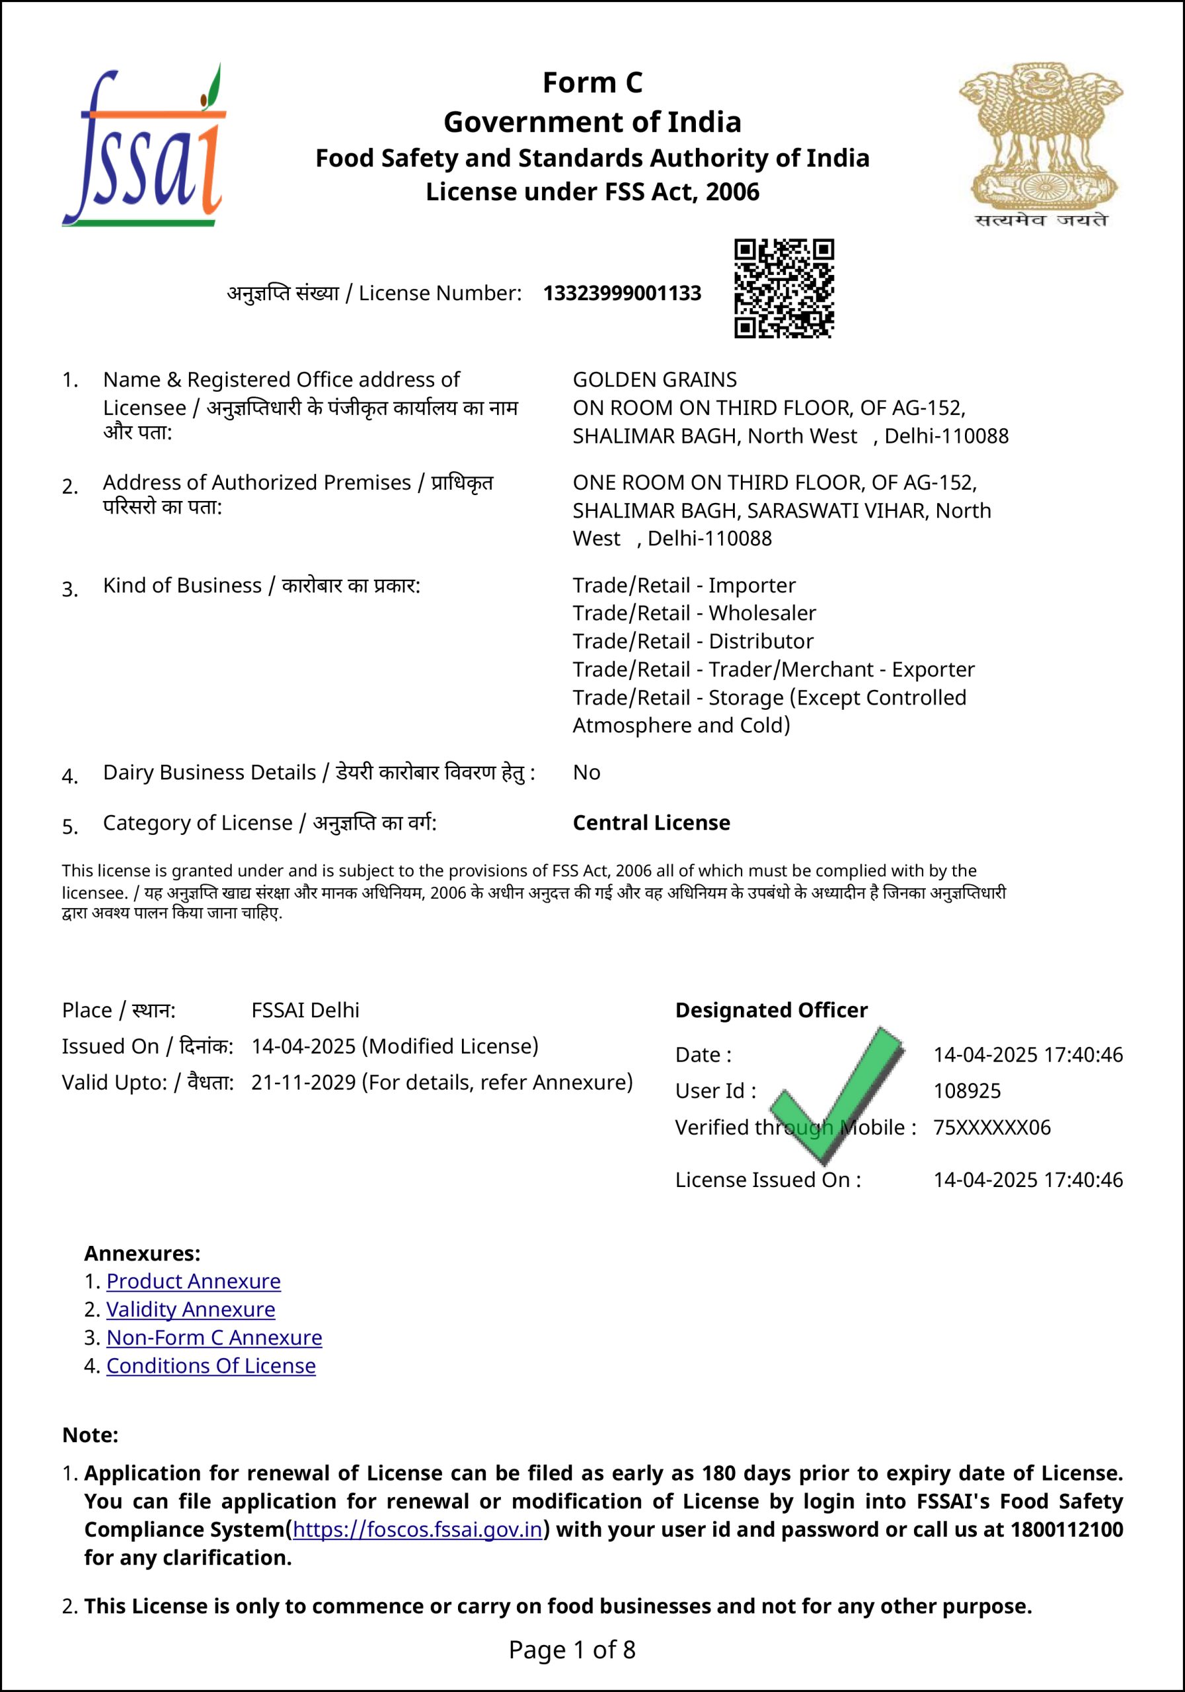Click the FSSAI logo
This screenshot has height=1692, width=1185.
(143, 146)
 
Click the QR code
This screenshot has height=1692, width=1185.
(784, 288)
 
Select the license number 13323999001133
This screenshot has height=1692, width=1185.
(622, 293)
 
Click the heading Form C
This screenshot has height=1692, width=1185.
(592, 83)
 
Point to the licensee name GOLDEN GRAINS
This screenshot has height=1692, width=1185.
(654, 379)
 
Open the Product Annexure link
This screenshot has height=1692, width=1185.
(193, 1282)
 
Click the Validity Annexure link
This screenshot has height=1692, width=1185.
(190, 1309)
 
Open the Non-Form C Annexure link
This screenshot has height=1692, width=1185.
(213, 1338)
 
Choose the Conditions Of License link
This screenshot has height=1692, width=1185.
(211, 1365)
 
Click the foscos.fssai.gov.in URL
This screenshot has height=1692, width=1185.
(417, 1529)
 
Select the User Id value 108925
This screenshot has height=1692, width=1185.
(967, 1091)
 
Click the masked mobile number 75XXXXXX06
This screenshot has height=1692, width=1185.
(992, 1127)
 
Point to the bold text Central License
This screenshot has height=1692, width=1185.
(652, 822)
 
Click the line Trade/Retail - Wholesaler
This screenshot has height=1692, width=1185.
(694, 613)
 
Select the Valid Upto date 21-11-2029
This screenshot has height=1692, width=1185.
(303, 1082)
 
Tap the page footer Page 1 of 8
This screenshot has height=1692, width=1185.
(572, 1650)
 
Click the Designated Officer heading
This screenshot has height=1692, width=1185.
(771, 1010)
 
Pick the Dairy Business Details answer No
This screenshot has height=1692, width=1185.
(587, 773)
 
